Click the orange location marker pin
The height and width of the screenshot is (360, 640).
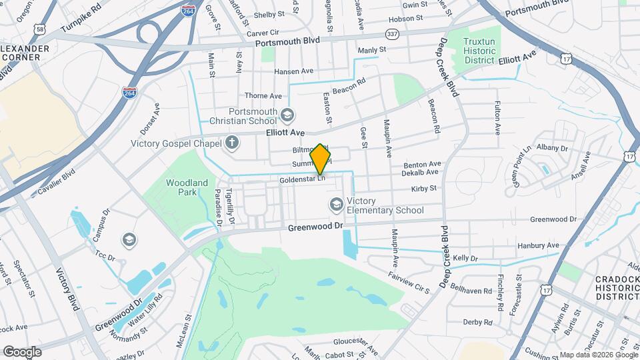(x=321, y=159)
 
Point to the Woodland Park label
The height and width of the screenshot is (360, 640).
(x=187, y=187)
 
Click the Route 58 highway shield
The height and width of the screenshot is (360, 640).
(x=41, y=29)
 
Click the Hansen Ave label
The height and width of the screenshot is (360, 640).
(x=293, y=71)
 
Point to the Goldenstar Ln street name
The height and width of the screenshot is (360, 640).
(x=303, y=179)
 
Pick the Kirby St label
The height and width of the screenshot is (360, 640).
(x=423, y=189)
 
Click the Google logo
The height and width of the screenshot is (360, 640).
(x=22, y=352)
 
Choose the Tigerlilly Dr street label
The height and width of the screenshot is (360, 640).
(x=229, y=206)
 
